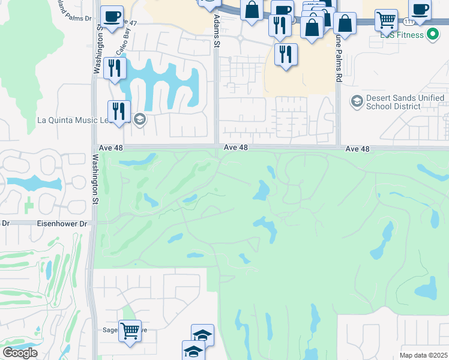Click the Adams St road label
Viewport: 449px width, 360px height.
pos(217,29)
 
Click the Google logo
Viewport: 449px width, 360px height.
pos(20,352)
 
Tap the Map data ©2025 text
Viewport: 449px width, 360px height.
pos(424,355)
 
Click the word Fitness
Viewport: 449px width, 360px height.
pos(409,35)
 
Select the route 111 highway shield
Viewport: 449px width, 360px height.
pos(408,22)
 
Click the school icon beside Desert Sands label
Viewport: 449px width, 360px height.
pos(357,101)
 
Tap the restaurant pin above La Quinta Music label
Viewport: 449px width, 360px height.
pos(119,111)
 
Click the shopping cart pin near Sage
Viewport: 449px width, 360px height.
pos(130,331)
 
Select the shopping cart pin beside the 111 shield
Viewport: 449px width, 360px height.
pos(386,19)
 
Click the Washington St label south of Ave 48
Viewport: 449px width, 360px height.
pos(94,181)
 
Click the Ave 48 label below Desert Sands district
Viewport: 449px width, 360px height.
pos(357,148)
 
